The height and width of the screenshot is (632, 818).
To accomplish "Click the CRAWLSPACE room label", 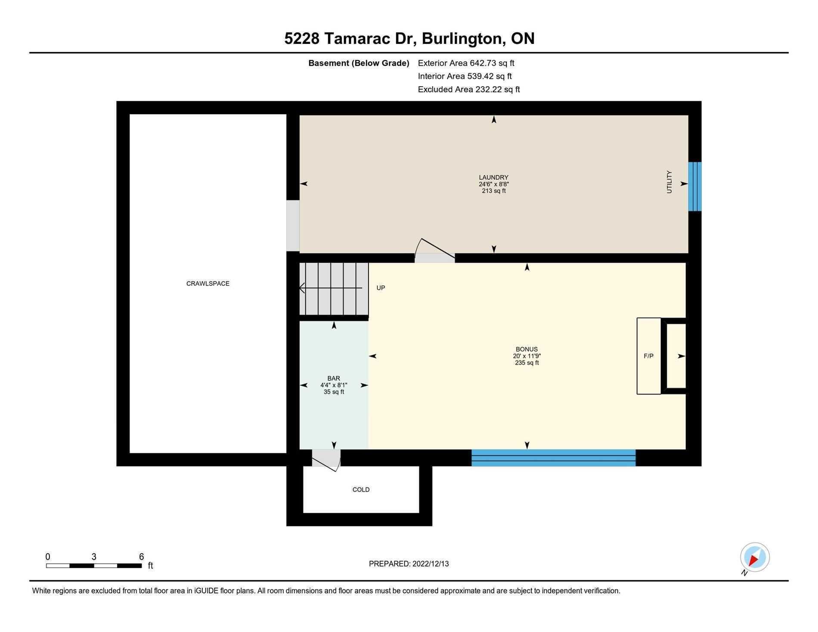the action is point(208,283).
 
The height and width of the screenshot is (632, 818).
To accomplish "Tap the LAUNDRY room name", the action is point(493,177).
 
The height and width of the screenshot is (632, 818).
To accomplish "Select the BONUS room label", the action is point(527,349).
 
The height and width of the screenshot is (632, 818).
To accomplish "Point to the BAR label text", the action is point(334,378).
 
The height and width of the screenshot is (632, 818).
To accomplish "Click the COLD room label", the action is point(361,489).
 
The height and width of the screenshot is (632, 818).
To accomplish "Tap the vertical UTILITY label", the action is point(669,182).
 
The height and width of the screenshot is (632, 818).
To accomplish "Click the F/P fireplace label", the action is point(648,356).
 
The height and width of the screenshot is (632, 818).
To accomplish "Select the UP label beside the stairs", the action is point(381,288).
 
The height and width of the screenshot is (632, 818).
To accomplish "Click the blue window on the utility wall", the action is point(694,186).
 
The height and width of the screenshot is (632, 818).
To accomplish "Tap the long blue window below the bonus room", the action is point(553,457).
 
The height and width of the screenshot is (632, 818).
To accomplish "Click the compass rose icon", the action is point(755,557).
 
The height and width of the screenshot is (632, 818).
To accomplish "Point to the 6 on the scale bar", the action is point(141,557).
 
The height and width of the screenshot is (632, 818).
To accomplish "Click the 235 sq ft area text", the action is point(527,363).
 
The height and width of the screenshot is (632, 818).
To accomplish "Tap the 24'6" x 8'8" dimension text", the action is point(493,184).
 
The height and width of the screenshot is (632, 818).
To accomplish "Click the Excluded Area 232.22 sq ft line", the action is point(469,90).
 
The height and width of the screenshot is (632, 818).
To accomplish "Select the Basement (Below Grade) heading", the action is point(359,63).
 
